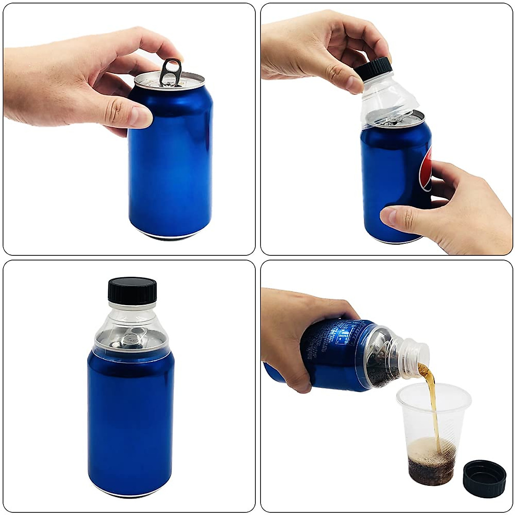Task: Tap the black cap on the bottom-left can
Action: [132, 291]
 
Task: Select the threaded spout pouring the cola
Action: [416, 354]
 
